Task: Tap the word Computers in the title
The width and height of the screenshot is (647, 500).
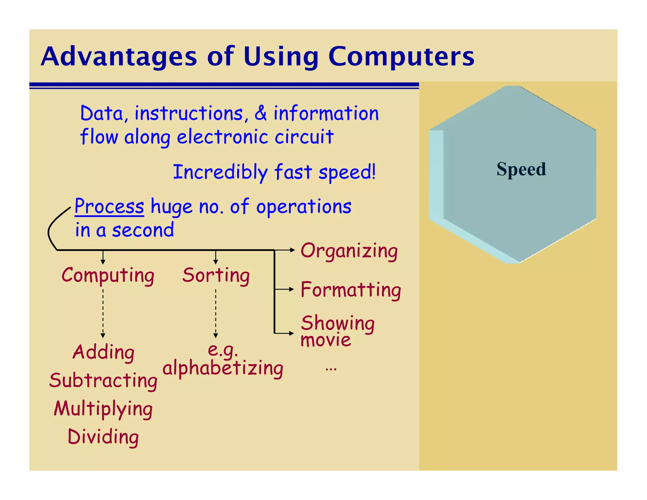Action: tap(401, 57)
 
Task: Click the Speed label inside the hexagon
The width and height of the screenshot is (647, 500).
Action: tap(521, 169)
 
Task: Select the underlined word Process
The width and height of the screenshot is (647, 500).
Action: tap(109, 207)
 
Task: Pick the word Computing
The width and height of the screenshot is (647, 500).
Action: tap(108, 275)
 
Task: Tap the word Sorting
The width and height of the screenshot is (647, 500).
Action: tap(216, 275)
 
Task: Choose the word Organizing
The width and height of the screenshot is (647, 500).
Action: tap(349, 251)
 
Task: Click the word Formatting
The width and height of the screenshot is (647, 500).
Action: tap(351, 290)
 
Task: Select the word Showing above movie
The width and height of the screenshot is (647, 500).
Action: tap(338, 323)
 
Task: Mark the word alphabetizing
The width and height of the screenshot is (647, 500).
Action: tap(223, 368)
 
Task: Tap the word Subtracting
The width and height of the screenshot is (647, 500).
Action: tap(103, 380)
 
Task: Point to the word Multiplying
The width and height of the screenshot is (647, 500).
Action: tap(103, 409)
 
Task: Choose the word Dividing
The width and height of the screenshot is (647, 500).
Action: tap(103, 437)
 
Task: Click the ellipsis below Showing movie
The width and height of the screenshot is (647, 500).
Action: tap(331, 369)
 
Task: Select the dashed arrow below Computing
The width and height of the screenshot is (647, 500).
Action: tap(103, 313)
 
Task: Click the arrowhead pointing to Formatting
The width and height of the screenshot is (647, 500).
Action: tap(292, 289)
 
